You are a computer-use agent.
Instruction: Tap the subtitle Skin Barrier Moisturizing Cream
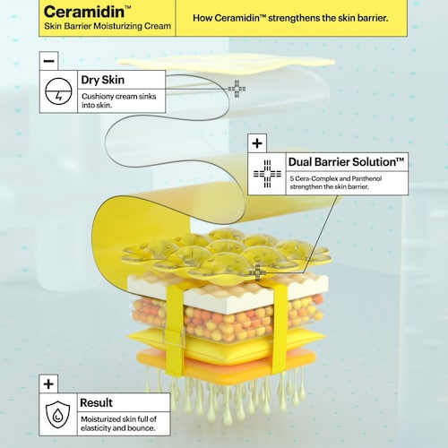coord(108,26)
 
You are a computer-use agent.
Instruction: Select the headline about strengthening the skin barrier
coord(290,18)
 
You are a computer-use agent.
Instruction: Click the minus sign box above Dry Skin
coord(48,61)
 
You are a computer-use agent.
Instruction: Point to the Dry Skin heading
coord(102,80)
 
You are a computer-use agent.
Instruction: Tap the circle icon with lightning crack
coord(58,91)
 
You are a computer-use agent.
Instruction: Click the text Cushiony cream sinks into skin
coord(119,100)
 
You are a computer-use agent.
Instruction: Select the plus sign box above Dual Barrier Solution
coord(257,143)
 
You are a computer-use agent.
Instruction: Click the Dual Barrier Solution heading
coord(346,162)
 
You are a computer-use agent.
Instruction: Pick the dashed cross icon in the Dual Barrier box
coord(267,174)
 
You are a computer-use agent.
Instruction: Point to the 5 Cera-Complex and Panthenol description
coord(336,183)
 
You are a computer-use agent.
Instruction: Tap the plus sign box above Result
coord(48,384)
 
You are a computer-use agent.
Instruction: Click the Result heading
coord(96,402)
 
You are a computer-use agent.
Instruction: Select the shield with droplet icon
coord(57,415)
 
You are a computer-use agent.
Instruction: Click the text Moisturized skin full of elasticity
coord(118,424)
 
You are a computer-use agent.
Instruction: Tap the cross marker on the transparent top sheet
coord(237,89)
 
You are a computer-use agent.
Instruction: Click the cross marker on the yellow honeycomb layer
coord(257,272)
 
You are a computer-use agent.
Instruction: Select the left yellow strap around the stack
coord(175,329)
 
